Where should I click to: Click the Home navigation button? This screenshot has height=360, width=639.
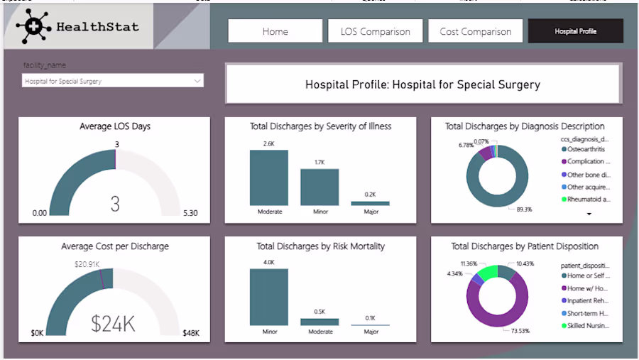pos(275,31)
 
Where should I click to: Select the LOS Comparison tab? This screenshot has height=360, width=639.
pos(375,31)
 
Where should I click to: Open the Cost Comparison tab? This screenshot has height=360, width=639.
pos(475,31)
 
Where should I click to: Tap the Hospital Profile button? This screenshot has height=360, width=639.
pos(575,31)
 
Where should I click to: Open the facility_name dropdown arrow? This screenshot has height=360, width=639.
pos(197,81)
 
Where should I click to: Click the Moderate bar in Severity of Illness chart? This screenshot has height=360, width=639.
pos(269,178)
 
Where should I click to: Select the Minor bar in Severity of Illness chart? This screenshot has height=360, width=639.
pos(319,187)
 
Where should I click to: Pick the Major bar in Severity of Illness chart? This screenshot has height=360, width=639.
pos(370,203)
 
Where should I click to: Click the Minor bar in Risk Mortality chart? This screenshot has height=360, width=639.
pos(269,297)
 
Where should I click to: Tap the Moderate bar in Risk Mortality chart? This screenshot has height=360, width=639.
pos(319,321)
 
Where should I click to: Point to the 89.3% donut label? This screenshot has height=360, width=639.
pos(523,209)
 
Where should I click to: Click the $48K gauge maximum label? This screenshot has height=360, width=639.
pos(190,333)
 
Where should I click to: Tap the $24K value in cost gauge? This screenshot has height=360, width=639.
pos(114,324)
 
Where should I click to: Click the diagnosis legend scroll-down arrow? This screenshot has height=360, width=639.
pos(589,214)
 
